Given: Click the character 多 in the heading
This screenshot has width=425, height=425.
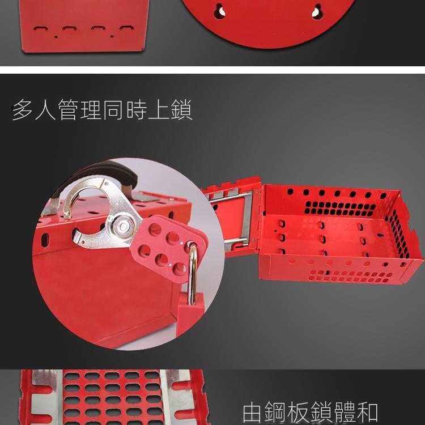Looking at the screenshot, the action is pyautogui.click(x=23, y=109).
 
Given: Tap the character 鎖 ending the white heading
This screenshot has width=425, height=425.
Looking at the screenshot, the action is pyautogui.click(x=181, y=109).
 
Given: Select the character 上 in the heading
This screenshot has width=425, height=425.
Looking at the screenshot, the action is pyautogui.click(x=159, y=109).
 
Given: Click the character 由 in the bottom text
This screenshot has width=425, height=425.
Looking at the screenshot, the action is pyautogui.click(x=252, y=414).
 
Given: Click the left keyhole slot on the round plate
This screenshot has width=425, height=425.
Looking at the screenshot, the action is pyautogui.click(x=219, y=11).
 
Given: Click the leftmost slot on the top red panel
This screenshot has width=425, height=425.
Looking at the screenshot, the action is pyautogui.click(x=41, y=28).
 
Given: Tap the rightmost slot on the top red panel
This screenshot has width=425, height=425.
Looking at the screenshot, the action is pyautogui.click(x=127, y=28).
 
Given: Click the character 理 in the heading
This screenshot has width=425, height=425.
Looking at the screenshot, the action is pyautogui.click(x=91, y=109).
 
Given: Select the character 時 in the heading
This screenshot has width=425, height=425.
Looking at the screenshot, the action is pyautogui.click(x=137, y=109).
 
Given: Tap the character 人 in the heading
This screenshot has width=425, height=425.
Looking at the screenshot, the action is pyautogui.click(x=45, y=109).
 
